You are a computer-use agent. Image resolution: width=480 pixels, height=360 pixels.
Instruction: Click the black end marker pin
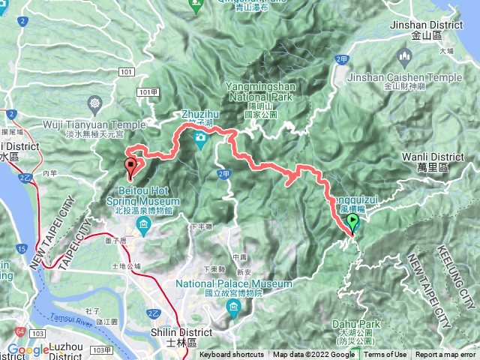tap(132, 166)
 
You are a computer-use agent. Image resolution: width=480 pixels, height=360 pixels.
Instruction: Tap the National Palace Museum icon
tap(235, 307)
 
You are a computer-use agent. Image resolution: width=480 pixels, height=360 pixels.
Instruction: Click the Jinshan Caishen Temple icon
tap(405, 57)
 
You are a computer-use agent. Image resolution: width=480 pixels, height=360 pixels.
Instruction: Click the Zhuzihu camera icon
tap(200, 138)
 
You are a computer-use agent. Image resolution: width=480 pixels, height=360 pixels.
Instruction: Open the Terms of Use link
tap(385, 355)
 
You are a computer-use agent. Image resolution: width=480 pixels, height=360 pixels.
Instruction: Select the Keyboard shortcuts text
tap(232, 355)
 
